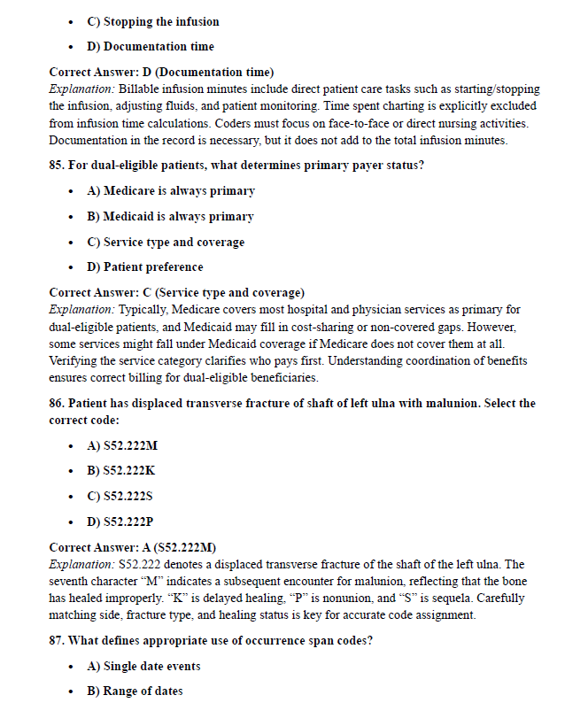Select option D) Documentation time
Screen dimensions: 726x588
(150, 46)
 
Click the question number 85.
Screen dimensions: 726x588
(58, 164)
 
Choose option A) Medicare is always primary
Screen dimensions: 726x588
(170, 190)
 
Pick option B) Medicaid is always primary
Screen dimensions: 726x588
(169, 216)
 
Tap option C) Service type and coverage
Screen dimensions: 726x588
(165, 242)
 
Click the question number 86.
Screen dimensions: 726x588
(58, 403)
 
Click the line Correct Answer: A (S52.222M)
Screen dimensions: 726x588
(133, 547)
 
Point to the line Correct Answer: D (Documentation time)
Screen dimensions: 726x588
(161, 72)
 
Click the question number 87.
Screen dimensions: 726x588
(58, 641)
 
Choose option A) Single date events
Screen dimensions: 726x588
(143, 666)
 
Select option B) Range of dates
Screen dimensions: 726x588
(135, 691)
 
